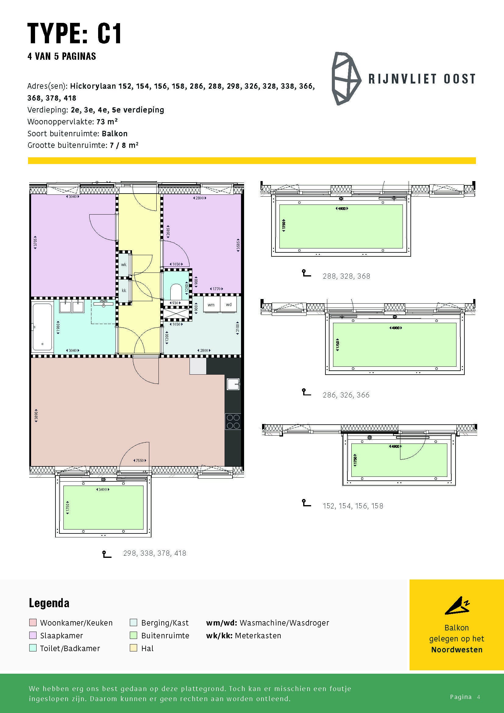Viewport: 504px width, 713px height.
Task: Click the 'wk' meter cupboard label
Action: tap(124, 265)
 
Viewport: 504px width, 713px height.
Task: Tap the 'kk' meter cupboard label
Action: tap(124, 291)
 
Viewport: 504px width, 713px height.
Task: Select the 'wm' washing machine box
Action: tap(211, 304)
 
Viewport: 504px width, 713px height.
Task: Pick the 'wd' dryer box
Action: tap(229, 304)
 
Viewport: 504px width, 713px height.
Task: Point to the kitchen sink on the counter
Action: tap(233, 384)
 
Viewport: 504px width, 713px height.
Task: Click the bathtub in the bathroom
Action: tap(43, 327)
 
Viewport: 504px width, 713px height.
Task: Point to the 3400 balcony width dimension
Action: tap(102, 490)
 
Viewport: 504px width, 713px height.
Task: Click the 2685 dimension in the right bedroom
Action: tap(168, 231)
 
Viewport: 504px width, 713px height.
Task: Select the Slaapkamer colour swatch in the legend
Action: tap(33, 635)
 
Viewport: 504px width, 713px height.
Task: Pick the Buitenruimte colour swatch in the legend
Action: tap(133, 635)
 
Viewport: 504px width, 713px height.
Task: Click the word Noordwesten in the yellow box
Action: tap(457, 650)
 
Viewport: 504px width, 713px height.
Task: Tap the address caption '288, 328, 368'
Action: tap(346, 276)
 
